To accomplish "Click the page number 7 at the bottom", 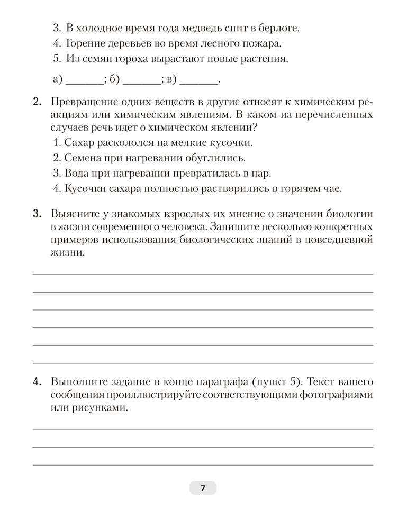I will [x=203, y=488].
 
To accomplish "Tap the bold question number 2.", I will [x=37, y=101].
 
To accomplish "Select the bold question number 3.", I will [x=37, y=214].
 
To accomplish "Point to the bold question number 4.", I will [x=37, y=382].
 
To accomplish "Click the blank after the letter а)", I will [x=85, y=81].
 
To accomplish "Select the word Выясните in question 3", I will [x=74, y=214].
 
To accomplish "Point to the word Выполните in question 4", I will [x=76, y=382].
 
